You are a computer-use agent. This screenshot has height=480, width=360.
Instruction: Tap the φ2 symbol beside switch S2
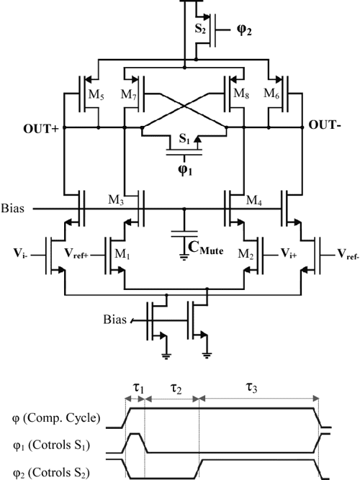click(x=247, y=31)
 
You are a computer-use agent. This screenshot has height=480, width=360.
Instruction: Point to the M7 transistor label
click(x=128, y=96)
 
